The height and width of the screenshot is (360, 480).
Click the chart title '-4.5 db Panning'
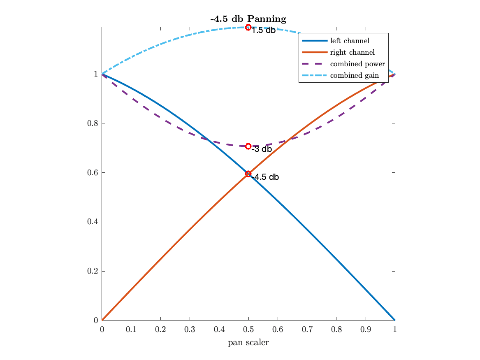248,19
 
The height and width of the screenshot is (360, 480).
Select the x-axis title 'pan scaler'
248,342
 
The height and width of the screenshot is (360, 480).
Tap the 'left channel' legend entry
349,41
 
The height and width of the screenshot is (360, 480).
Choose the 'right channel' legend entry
352,53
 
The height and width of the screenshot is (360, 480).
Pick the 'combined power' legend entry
357,64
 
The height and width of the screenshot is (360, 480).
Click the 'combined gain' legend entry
354,76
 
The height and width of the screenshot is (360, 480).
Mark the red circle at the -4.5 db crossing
248,174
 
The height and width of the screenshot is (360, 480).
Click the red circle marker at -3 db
248,146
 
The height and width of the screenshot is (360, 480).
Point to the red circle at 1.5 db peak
248,27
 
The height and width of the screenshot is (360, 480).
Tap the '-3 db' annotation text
262,149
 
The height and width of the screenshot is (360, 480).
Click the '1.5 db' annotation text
264,31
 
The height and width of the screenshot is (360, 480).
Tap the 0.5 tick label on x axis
248,330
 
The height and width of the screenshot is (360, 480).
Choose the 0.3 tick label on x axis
190,330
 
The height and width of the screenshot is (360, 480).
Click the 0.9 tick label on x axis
365,330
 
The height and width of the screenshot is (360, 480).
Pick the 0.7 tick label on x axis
307,330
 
